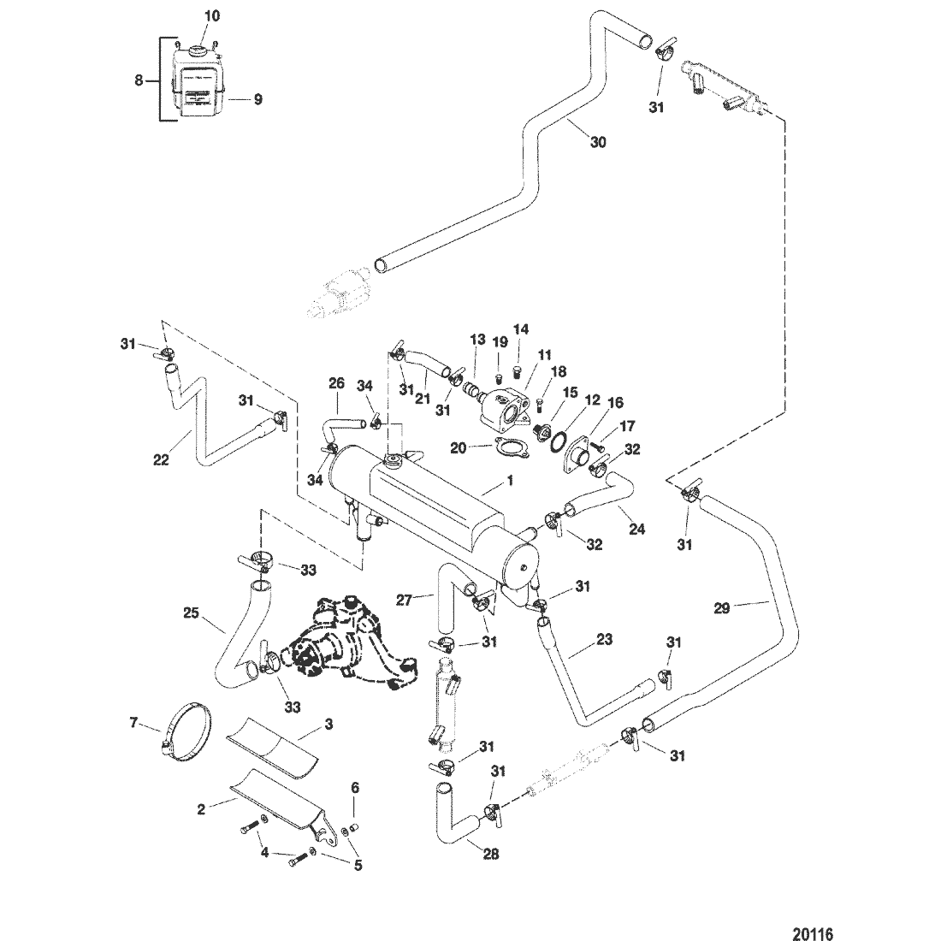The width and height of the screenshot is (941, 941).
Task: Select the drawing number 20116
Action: (x=809, y=929)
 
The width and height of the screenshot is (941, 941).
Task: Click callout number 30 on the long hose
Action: (x=597, y=142)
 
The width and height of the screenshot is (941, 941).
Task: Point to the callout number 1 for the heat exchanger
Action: (x=510, y=482)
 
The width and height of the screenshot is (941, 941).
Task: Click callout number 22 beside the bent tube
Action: (x=162, y=459)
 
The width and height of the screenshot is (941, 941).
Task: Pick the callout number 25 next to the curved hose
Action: (x=192, y=613)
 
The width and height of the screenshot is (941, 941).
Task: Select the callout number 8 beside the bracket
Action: (x=139, y=81)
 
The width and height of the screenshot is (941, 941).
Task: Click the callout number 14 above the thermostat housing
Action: (x=521, y=328)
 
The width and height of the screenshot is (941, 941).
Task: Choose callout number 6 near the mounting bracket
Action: (x=355, y=788)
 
